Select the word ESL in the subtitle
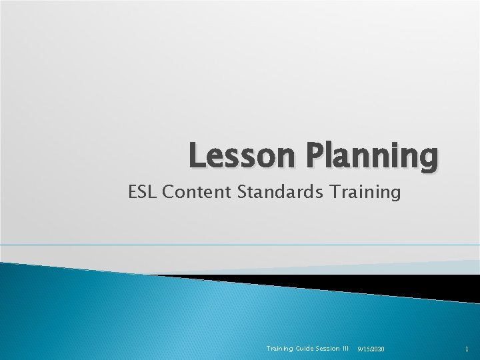[142, 193]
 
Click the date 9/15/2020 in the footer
[375, 349]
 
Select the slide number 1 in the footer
[466, 349]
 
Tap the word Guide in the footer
[297, 349]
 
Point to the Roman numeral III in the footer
[345, 349]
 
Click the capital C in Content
[167, 193]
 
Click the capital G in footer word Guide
[290, 349]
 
